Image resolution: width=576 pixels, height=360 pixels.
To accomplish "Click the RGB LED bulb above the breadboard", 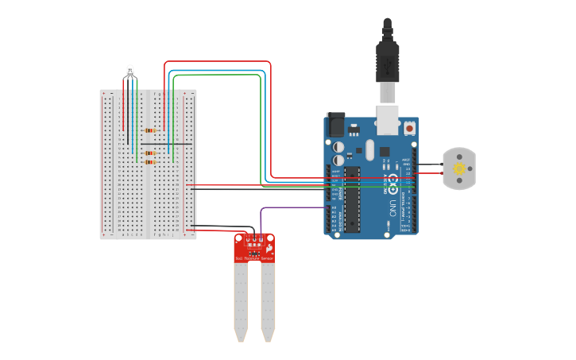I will tap(130, 72).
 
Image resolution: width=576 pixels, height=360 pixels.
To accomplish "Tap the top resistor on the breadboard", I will tap(150, 130).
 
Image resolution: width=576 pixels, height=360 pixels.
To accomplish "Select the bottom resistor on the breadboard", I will tap(150, 161).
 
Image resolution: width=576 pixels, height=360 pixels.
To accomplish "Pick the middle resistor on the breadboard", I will tap(150, 153).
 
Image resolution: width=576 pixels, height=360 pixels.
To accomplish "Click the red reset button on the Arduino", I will tap(409, 127).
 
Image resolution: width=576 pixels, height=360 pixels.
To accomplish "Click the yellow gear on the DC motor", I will tap(459, 168).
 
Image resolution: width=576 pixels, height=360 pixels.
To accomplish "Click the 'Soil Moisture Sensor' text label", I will tap(254, 258).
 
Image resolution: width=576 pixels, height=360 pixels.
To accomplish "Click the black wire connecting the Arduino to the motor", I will tap(429, 165).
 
